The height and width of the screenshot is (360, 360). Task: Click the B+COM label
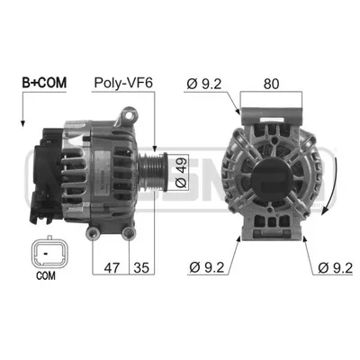pyautogui.click(x=44, y=83)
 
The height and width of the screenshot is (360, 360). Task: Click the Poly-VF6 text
pyautogui.click(x=123, y=83)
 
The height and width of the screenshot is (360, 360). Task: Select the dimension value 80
pyautogui.click(x=271, y=84)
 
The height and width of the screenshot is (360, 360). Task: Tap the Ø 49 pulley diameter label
pyautogui.click(x=181, y=172)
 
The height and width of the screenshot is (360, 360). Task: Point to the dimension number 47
pyautogui.click(x=112, y=267)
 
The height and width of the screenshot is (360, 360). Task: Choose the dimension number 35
pyautogui.click(x=141, y=267)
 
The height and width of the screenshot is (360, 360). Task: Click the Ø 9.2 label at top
pyautogui.click(x=204, y=84)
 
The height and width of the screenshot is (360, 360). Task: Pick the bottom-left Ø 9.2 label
pyautogui.click(x=207, y=267)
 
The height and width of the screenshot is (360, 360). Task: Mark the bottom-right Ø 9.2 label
pyautogui.click(x=336, y=267)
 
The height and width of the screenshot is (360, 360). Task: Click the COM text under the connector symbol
pyautogui.click(x=46, y=275)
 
